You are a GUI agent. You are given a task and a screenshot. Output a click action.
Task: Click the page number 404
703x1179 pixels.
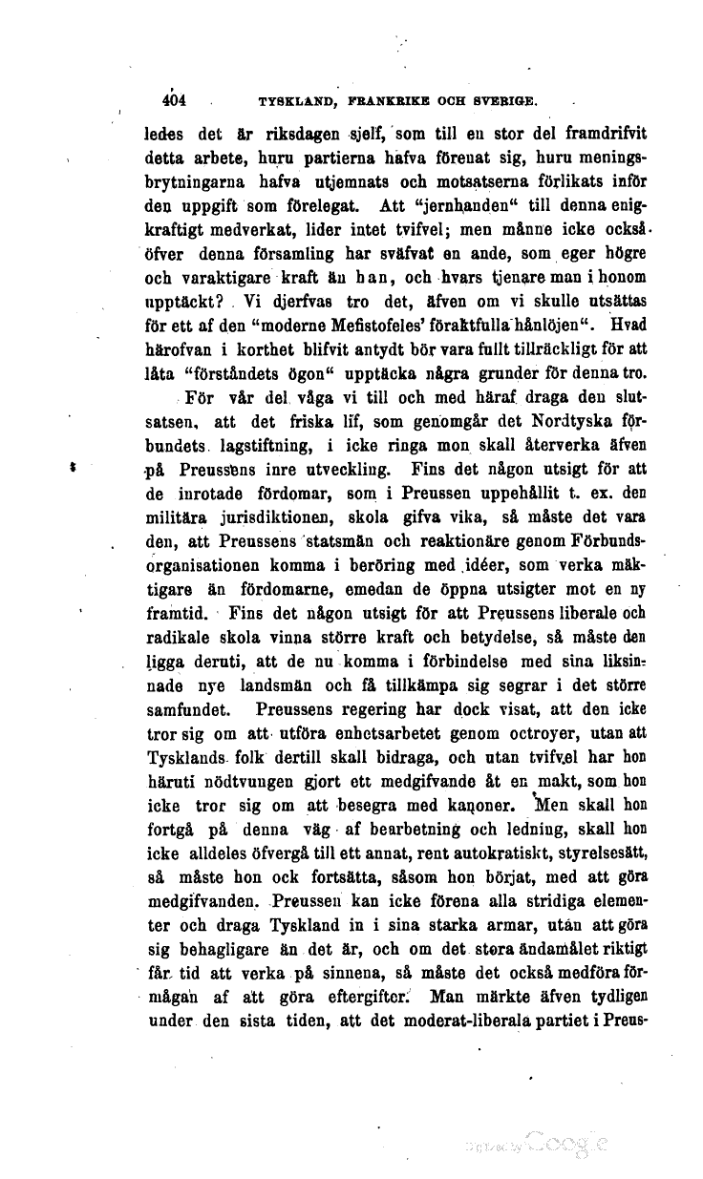175,98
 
